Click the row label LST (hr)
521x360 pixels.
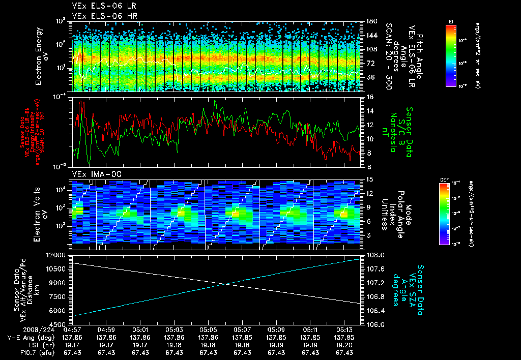31,345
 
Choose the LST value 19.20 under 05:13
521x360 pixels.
345,345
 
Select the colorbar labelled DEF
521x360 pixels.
443,214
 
